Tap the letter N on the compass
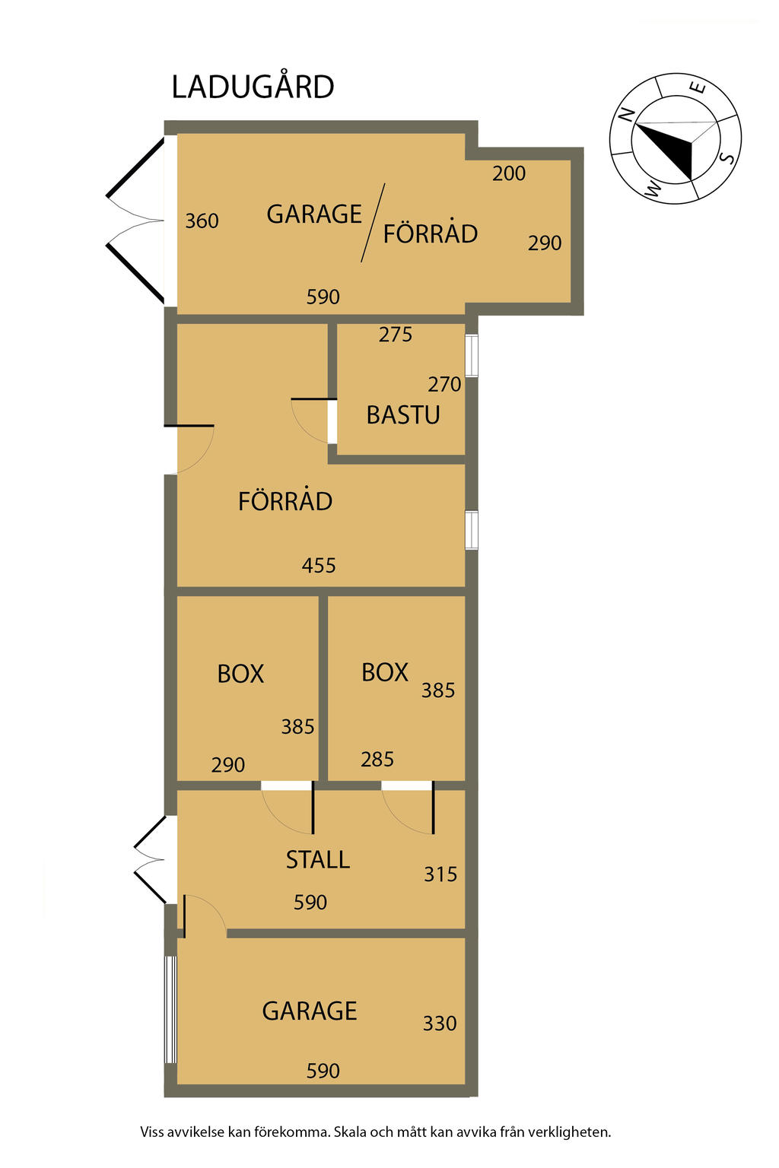625,113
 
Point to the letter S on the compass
729,157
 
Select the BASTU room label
402,415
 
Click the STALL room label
317,860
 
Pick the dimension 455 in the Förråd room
318,565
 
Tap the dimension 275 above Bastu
395,335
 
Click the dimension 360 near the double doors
202,221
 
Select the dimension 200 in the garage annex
509,173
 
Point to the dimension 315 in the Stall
440,874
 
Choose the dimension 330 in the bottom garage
440,1024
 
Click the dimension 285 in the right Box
377,760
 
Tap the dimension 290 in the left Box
228,765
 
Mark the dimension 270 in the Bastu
444,385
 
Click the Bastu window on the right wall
471,355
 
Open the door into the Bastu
314,421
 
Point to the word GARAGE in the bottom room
310,1011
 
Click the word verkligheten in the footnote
569,1132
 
